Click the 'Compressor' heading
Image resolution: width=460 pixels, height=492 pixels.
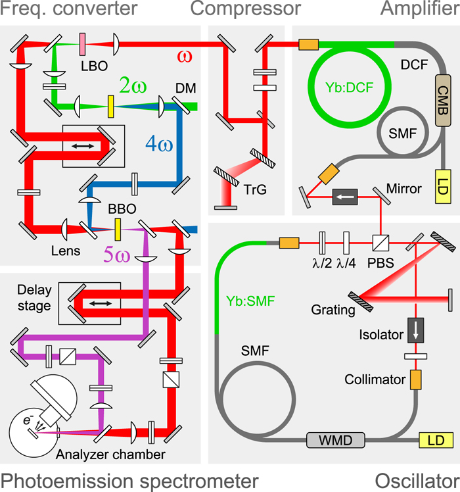[245, 9]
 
